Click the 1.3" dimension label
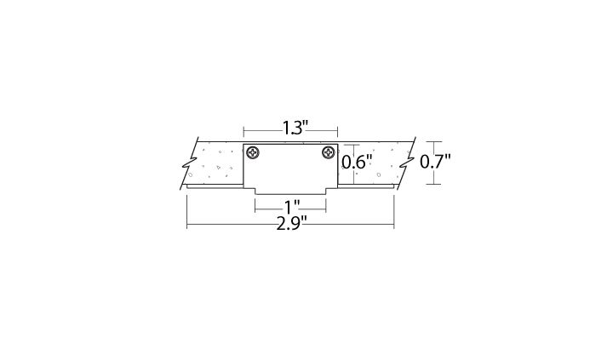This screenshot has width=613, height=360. pyautogui.click(x=295, y=128)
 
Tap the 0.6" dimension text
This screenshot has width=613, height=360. pyautogui.click(x=356, y=162)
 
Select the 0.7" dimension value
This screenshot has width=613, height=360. pyautogui.click(x=435, y=162)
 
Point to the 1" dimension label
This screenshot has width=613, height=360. pyautogui.click(x=292, y=206)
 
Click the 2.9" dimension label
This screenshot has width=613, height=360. pyautogui.click(x=291, y=225)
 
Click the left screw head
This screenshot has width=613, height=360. pyautogui.click(x=253, y=152)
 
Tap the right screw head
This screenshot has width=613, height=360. pyautogui.click(x=329, y=152)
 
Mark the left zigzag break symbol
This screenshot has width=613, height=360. pyautogui.click(x=189, y=163)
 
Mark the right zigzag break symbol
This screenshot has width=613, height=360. pyautogui.click(x=406, y=163)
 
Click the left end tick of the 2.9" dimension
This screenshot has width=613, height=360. pyautogui.click(x=186, y=212)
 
